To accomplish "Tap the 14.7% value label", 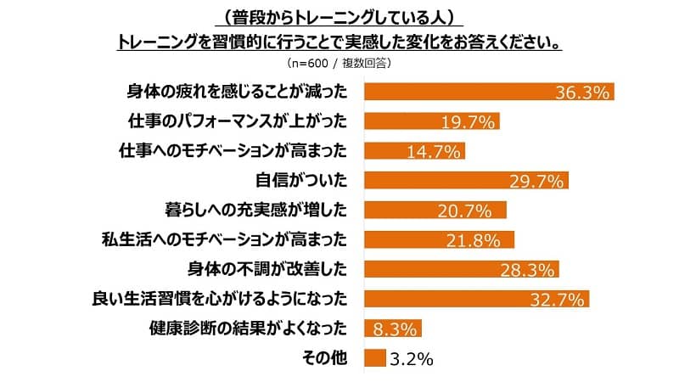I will (x=414, y=151).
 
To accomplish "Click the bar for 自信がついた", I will (x=465, y=181).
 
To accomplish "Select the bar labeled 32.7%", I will (x=475, y=299).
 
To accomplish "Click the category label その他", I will (x=325, y=358).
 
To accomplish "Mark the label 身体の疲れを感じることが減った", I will (x=237, y=93).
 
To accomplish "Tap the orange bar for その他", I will (x=373, y=358).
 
